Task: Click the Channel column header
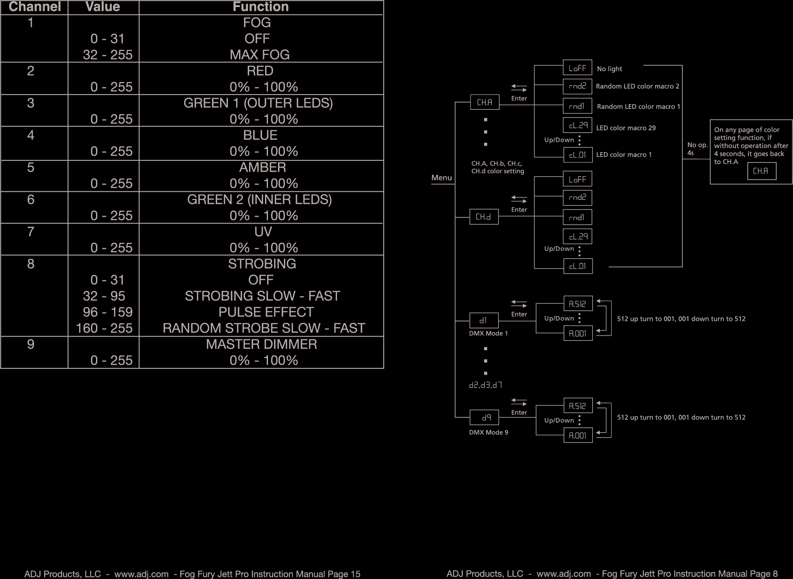point(35,7)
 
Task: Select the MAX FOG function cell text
point(260,55)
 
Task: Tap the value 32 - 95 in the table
point(104,296)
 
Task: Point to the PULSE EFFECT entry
point(266,312)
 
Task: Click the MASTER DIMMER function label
point(261,344)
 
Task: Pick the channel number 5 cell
point(31,167)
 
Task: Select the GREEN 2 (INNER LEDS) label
point(259,199)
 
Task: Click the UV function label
point(263,232)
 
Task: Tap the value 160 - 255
point(104,328)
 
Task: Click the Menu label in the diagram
point(441,178)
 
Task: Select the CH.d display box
point(484,217)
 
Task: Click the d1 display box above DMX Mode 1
point(484,320)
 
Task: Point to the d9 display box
point(484,417)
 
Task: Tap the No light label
point(609,69)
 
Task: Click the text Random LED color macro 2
point(637,86)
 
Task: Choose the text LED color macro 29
point(625,128)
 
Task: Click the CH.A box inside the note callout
point(761,171)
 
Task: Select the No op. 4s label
point(697,149)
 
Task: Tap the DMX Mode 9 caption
point(488,432)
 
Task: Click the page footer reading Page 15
point(192,574)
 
